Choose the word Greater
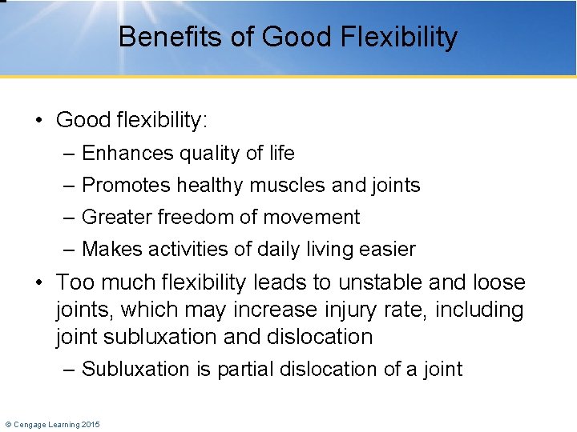coord(117,217)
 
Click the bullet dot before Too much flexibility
coord(38,282)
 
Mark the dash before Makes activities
coord(70,249)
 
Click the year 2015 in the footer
coord(91,424)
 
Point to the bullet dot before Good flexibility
coord(38,120)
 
